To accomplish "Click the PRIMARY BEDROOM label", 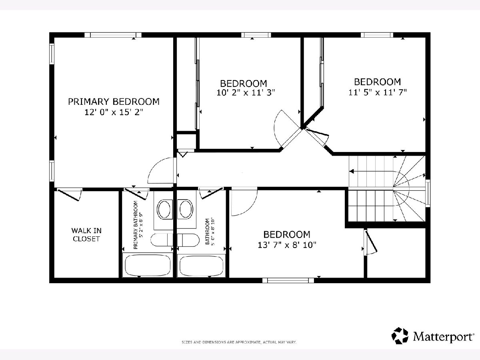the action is coord(114,102).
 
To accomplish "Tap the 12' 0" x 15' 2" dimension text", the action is coord(114,112).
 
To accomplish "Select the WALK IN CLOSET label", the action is coord(86,235).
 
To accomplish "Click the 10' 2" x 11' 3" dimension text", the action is coord(246,93).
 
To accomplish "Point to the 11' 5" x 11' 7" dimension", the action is coord(378,92).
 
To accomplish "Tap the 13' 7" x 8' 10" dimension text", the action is coord(287,245).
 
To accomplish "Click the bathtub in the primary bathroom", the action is coord(148,265).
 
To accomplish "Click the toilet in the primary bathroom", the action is coord(162,240).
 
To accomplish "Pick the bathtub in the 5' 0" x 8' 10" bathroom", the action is coord(202,266).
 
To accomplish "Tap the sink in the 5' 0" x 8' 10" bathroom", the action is coord(186,209).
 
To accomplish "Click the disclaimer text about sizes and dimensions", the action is coord(239,342).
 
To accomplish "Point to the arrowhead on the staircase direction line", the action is coord(352,171).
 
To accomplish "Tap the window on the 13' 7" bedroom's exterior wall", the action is coord(288,280).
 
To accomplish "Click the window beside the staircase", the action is coord(428,193).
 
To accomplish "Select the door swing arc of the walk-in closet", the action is coord(80,195).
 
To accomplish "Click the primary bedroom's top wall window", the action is coord(113,35).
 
